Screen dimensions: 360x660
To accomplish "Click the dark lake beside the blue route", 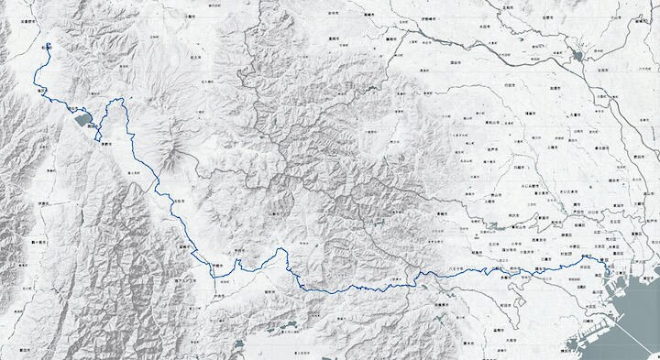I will (x=81, y=117).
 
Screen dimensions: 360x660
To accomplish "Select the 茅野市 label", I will (x=105, y=144).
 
